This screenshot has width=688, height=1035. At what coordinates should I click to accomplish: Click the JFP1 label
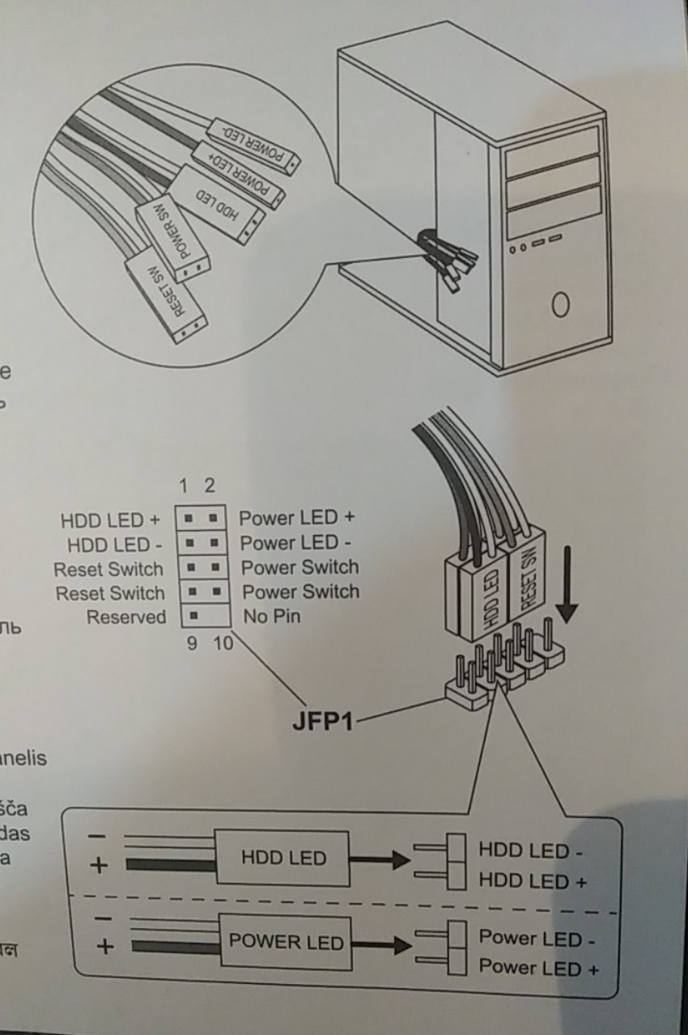click(x=322, y=719)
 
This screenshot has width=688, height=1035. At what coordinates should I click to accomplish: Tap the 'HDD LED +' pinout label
click(x=111, y=519)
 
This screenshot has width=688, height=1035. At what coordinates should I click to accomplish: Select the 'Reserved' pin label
click(x=125, y=617)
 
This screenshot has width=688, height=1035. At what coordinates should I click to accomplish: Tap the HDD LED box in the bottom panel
click(x=283, y=858)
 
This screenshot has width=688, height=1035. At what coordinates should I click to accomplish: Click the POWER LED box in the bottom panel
click(x=286, y=943)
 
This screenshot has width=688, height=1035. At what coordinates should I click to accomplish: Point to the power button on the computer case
click(x=560, y=305)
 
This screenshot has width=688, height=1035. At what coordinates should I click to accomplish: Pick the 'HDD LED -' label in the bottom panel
click(x=530, y=850)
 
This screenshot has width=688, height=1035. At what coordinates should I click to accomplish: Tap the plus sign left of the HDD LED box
click(x=99, y=864)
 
